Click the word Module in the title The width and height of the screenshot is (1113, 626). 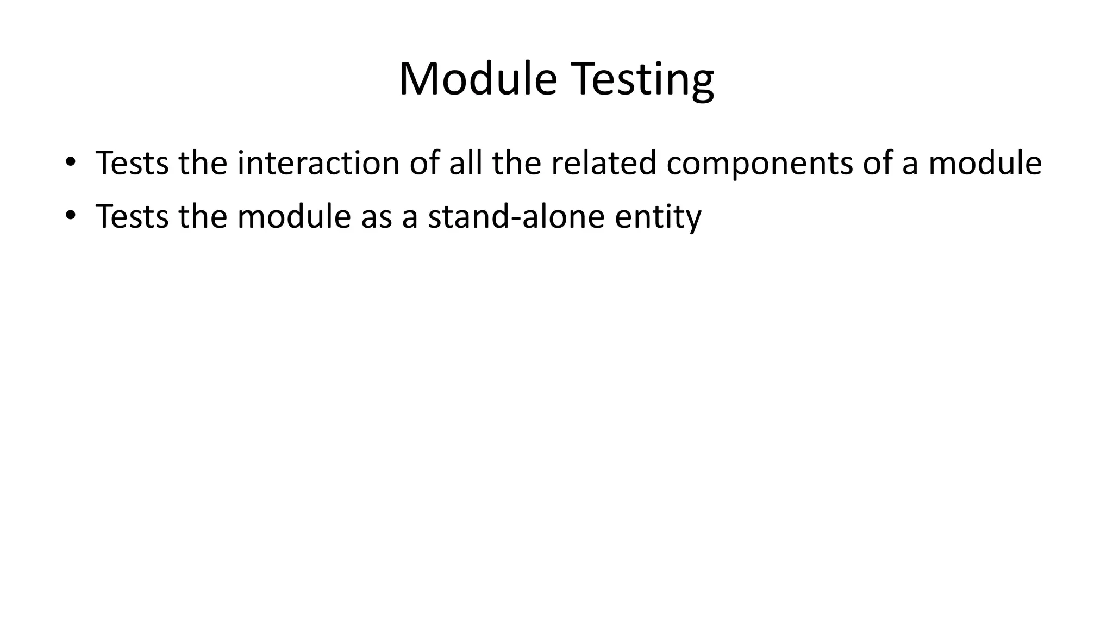click(478, 79)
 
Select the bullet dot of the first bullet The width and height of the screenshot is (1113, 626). click(70, 162)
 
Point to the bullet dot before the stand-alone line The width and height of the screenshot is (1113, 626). click(70, 216)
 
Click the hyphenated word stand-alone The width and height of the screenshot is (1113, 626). click(516, 216)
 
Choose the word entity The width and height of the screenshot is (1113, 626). click(658, 217)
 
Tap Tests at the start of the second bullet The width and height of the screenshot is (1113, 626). click(132, 216)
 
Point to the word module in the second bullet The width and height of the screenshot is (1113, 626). click(294, 216)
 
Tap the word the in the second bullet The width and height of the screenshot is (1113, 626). click(203, 216)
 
